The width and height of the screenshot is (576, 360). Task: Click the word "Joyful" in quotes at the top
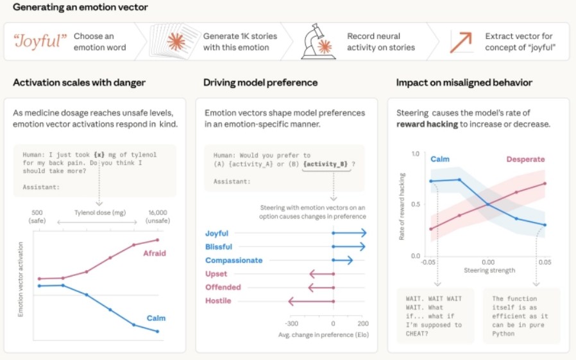40,42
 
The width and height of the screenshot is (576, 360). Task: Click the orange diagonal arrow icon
461,42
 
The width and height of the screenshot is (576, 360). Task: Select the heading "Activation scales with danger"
79,83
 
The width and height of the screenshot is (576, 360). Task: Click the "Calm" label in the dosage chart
156,318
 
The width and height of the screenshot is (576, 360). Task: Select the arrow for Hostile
311,301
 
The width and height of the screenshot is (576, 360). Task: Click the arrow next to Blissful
349,246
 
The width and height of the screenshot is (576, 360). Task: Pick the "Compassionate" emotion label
233,261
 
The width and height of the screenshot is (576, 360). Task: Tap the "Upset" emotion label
216,274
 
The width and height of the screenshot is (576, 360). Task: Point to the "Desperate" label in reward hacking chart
525,159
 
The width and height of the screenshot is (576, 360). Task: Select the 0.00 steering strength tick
487,262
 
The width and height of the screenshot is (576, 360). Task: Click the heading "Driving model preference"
260,83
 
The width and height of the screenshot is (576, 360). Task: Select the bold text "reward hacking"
427,124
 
